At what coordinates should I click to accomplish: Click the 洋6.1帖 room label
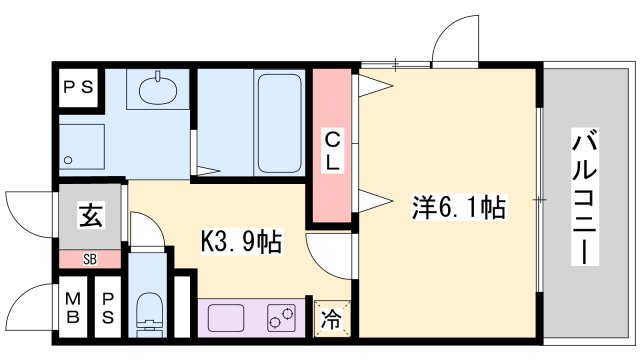(459, 207)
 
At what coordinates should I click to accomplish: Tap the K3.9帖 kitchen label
(242, 242)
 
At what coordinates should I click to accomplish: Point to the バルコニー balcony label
(584, 197)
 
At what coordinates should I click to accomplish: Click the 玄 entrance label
(90, 215)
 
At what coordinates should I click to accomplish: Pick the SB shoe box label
(90, 259)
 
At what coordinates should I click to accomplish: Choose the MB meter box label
(73, 308)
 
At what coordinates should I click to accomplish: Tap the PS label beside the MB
(108, 308)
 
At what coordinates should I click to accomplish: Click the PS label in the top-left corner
(79, 87)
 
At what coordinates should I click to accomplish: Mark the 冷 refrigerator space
(331, 318)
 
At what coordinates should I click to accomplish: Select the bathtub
(280, 123)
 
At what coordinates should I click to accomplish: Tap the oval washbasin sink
(158, 89)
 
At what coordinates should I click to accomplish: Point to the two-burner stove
(282, 318)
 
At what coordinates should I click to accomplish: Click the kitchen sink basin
(226, 318)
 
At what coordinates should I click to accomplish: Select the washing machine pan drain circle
(68, 160)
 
